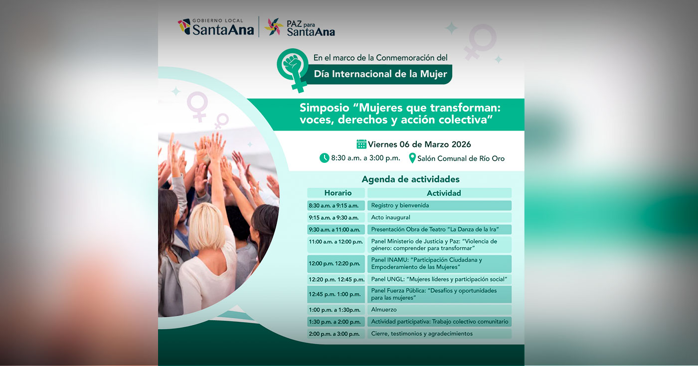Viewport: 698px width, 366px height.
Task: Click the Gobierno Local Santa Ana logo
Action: coord(215,27)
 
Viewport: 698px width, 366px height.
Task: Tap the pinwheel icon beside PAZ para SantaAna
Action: coord(274,27)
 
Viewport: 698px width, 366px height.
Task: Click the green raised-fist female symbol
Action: coord(294,67)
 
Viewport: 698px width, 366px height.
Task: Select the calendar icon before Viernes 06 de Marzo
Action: coord(361,144)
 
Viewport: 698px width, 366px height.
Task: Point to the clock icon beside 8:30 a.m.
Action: coord(325,158)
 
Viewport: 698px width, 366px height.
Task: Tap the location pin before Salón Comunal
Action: coord(412,158)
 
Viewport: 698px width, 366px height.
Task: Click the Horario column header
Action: coord(338,193)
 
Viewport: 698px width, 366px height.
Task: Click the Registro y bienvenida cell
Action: coord(439,205)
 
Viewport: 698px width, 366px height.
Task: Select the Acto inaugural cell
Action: coord(439,218)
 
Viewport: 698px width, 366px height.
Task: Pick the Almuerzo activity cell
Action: coord(439,310)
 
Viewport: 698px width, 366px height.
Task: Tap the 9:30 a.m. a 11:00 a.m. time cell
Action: coord(334,230)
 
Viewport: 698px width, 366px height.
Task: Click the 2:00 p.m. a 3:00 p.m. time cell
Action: coord(334,334)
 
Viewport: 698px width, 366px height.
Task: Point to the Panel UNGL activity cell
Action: coord(439,279)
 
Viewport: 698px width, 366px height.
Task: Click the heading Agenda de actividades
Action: coord(410,179)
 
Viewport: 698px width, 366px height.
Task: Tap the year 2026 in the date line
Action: coord(461,144)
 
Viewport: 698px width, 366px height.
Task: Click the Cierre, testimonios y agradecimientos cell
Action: coord(439,334)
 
